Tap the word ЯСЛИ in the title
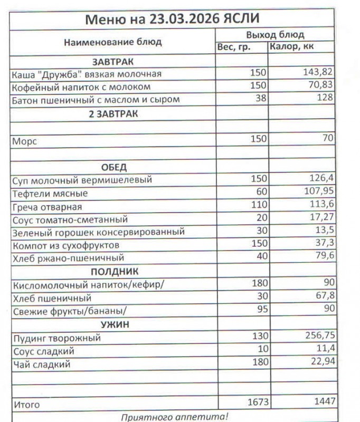tap(240, 20)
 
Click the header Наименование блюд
tap(113, 42)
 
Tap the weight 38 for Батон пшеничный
tap(261, 98)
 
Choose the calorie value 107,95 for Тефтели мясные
tap(318, 192)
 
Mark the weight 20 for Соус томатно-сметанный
tap(261, 218)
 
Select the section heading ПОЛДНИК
tap(114, 272)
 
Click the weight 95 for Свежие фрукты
tap(261, 309)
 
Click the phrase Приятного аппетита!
tap(175, 417)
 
